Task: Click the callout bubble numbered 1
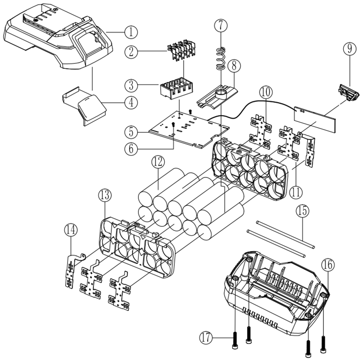[131, 32]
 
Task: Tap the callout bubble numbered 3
[131, 85]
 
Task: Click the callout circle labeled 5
[131, 132]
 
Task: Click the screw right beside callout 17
[235, 340]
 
